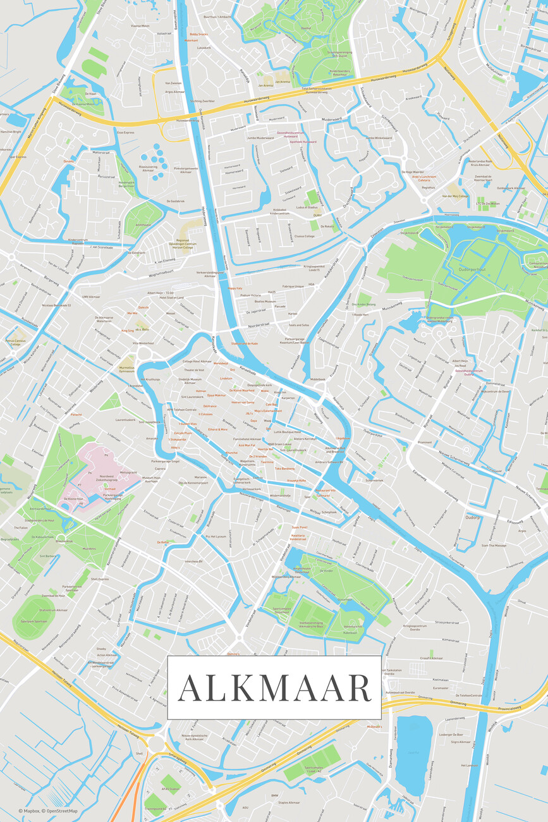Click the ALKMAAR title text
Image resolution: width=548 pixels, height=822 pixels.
coord(274,688)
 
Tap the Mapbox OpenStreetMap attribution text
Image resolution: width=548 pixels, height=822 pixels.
coord(48,811)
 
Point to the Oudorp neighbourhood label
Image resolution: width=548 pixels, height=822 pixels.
coord(472,517)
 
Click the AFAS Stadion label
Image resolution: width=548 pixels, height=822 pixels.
coord(171,788)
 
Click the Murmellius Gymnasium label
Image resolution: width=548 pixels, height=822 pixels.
coord(126,369)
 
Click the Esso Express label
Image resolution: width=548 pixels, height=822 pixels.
coord(126,133)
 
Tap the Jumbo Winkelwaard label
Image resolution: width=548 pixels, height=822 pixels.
coord(379,137)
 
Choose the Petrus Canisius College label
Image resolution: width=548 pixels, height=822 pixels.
coord(16,342)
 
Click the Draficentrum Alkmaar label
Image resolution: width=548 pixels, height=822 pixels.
coord(53,610)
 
